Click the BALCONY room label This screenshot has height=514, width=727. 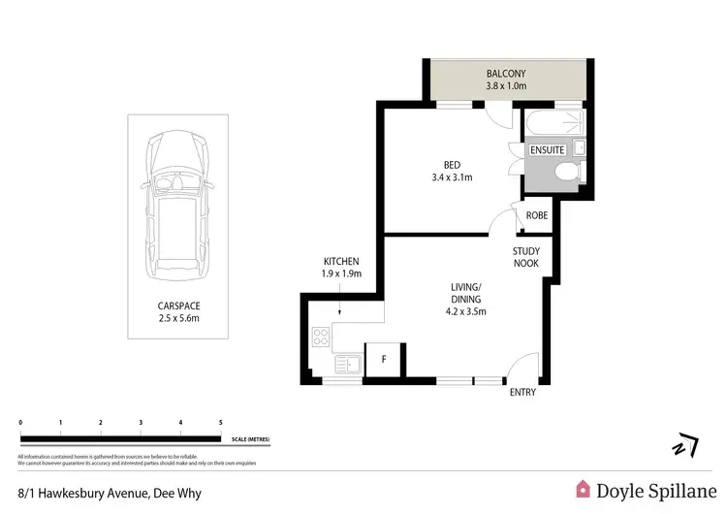coord(506,73)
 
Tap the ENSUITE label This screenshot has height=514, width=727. coord(547,150)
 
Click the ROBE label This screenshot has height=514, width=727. coord(536,215)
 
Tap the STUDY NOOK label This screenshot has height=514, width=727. coord(525,257)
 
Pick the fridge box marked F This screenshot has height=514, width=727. coord(384,360)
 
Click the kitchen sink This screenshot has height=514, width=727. coord(346,364)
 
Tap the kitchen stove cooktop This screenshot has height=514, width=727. coord(321,338)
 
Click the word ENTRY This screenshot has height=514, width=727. coord(522,392)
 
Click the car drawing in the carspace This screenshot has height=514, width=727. coord(177,206)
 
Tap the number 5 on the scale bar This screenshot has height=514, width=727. coord(221,423)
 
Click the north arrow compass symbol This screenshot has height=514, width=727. coord(685,445)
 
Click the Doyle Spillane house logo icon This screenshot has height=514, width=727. coord(584,489)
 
